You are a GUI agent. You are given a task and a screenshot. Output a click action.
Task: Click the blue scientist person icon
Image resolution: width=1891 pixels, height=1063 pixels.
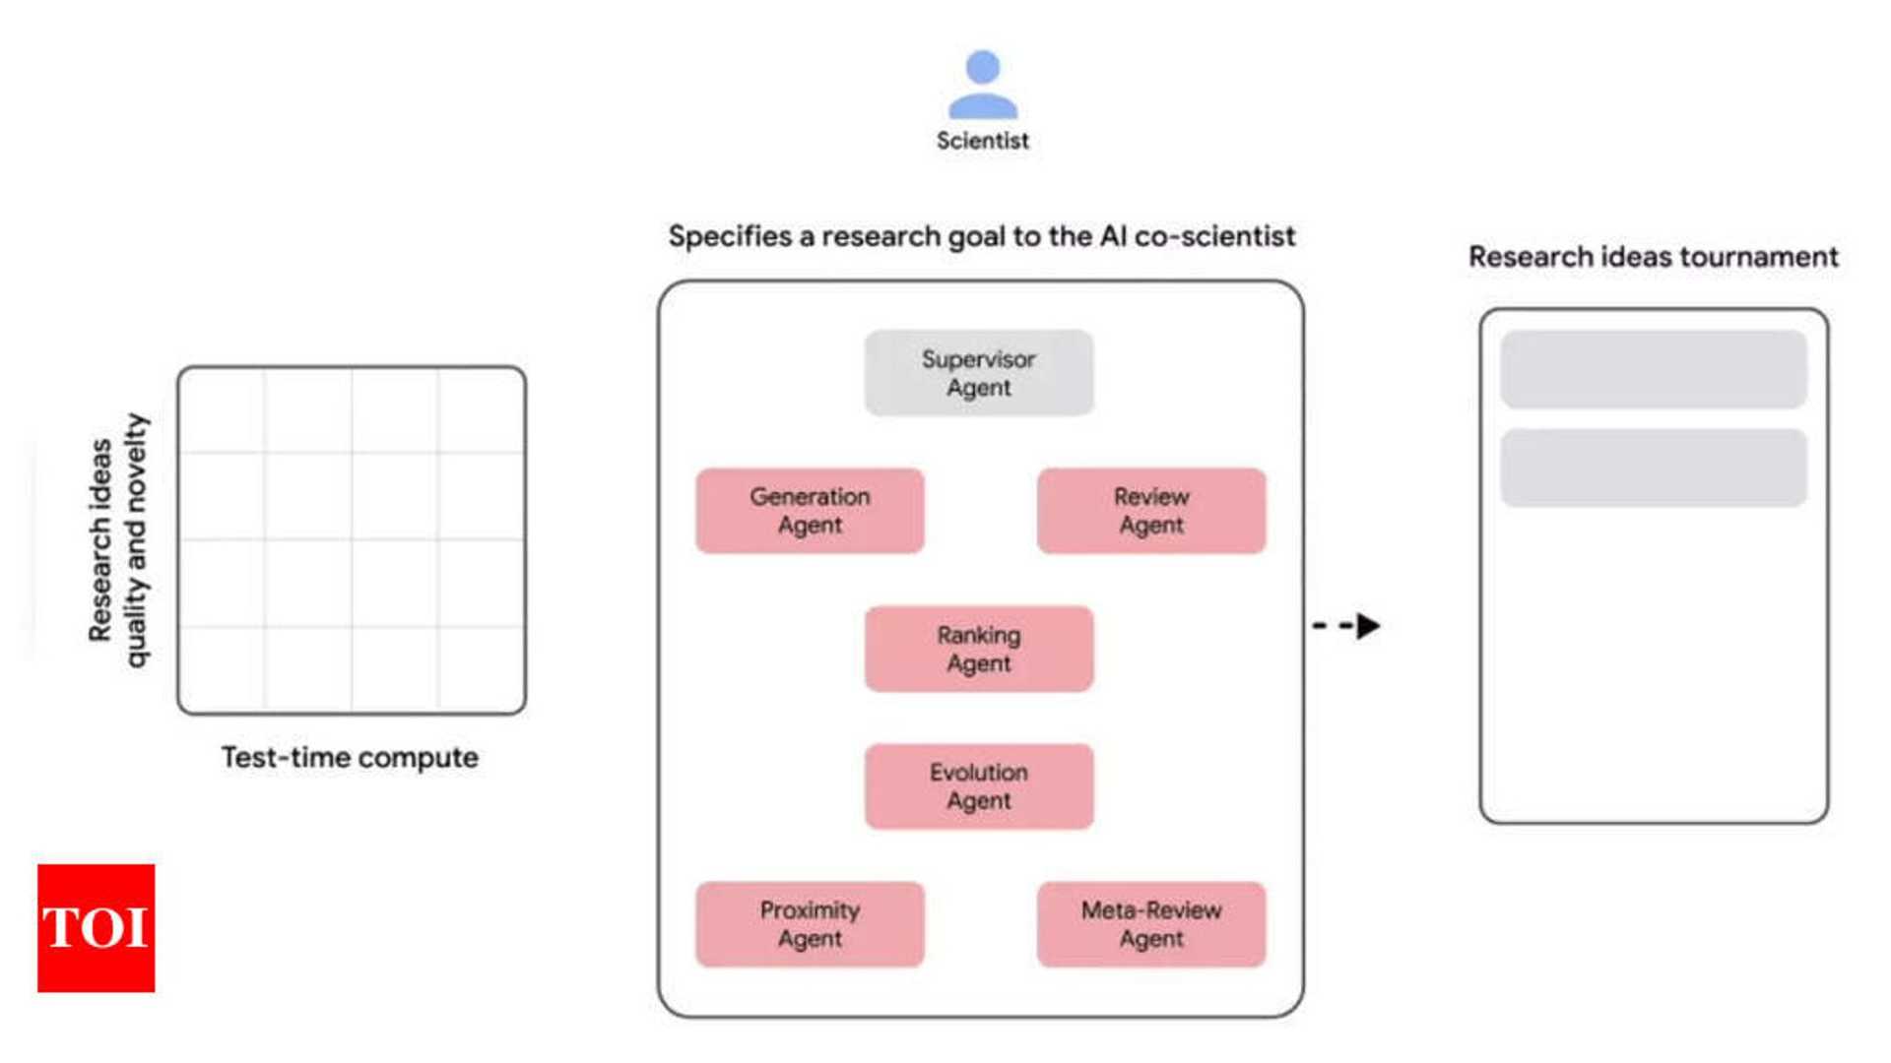click(982, 86)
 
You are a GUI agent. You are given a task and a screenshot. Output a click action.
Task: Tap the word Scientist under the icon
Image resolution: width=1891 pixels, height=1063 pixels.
click(982, 141)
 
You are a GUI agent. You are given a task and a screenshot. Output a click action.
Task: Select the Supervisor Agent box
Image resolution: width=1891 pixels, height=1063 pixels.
click(978, 373)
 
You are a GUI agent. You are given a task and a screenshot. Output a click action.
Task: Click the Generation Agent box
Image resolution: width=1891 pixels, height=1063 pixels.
click(810, 511)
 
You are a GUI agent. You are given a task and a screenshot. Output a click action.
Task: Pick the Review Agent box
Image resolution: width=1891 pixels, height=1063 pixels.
click(1150, 511)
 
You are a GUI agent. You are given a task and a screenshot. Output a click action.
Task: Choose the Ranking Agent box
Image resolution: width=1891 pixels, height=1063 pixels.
click(978, 649)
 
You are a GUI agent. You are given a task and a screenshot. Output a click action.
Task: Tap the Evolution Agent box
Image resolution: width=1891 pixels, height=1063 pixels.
click(978, 786)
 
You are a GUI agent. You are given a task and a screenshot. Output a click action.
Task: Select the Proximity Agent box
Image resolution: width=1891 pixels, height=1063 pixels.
click(810, 924)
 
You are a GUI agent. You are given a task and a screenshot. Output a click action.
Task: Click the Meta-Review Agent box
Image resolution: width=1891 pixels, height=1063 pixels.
click(1150, 924)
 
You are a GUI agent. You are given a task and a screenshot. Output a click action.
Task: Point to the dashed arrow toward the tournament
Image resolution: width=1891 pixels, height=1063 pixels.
click(1346, 626)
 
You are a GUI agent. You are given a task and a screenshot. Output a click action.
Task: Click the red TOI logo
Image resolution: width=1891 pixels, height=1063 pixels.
click(96, 927)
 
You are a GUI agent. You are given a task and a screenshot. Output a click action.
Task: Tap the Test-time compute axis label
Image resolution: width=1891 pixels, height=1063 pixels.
click(350, 758)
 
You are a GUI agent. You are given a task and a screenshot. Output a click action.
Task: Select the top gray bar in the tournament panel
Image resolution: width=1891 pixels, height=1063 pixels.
click(1653, 369)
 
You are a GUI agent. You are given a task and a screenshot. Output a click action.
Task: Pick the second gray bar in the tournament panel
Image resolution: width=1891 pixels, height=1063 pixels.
click(1653, 468)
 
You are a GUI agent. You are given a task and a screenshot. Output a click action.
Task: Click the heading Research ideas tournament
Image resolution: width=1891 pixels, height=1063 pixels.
click(1653, 257)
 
